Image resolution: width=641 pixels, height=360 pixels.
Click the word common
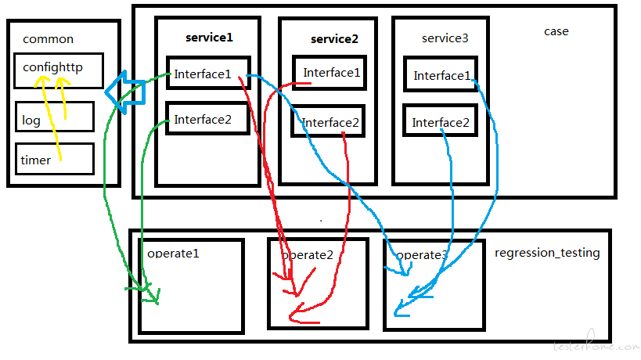49,39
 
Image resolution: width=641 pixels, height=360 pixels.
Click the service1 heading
209,38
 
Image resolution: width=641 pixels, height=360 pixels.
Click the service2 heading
334,39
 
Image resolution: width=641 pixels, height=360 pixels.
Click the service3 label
445,38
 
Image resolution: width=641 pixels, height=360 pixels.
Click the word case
556,31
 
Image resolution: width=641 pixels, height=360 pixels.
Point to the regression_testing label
547,253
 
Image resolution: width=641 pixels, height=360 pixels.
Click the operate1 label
173,254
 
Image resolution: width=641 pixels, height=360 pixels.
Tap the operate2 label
308,255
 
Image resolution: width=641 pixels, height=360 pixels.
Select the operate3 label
422,255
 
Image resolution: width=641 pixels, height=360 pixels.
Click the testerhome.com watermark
596,343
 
